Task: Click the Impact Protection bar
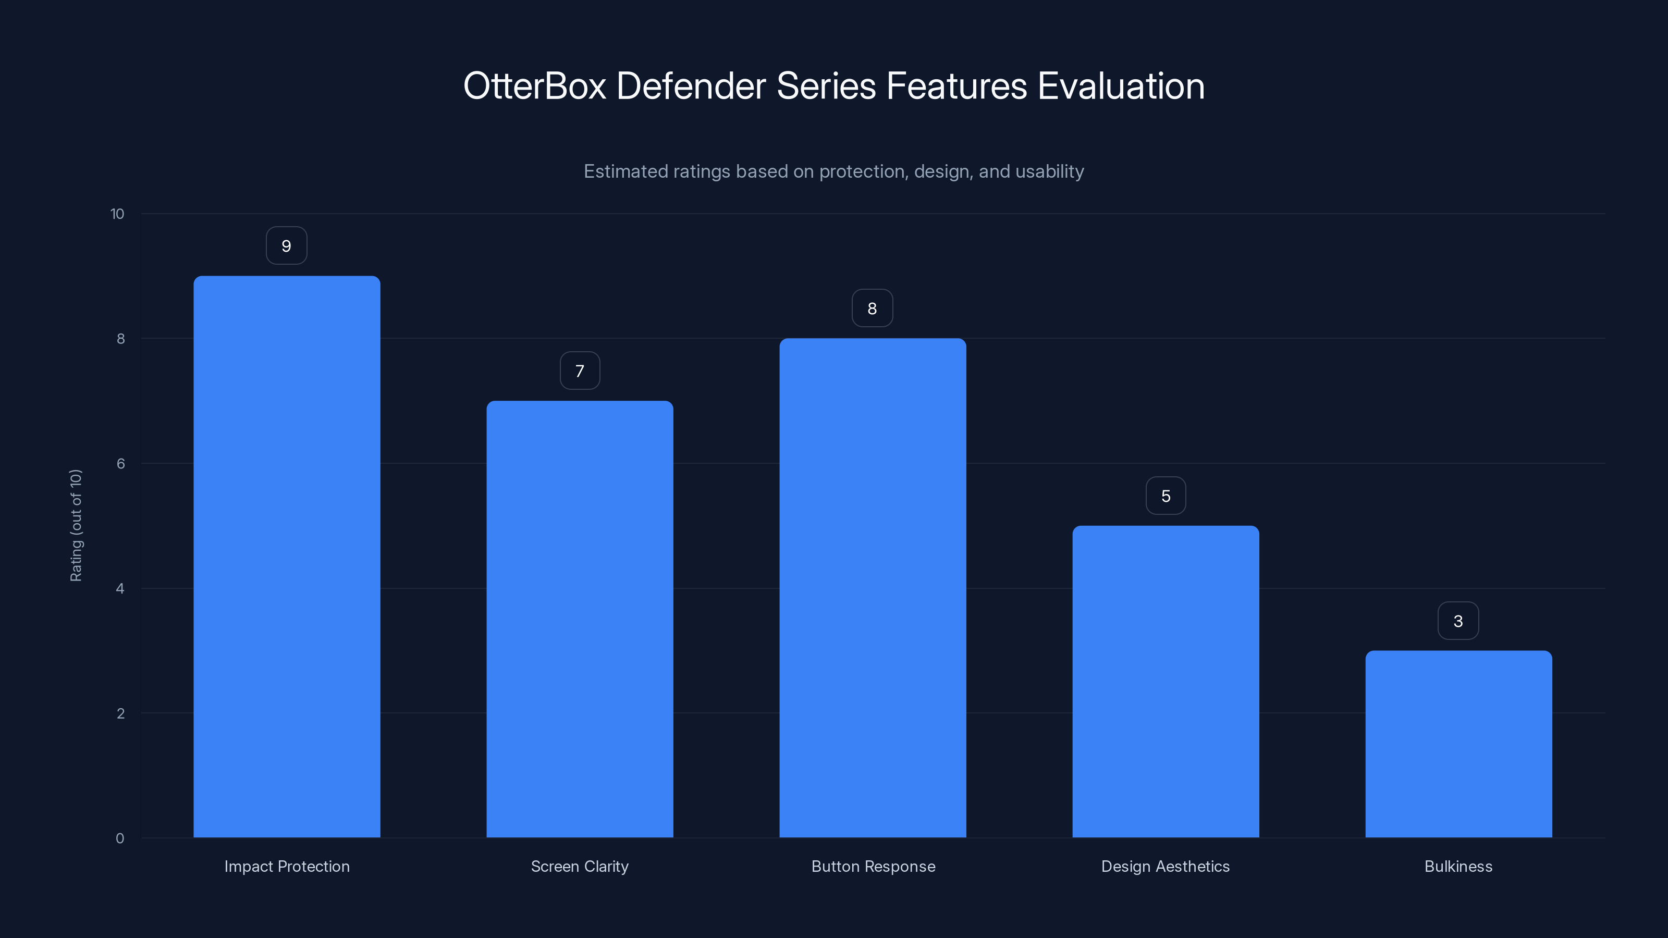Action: pyautogui.click(x=287, y=557)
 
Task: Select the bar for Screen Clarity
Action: pyautogui.click(x=580, y=619)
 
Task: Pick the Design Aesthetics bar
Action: pyautogui.click(x=1166, y=681)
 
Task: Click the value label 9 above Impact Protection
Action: pyautogui.click(x=286, y=246)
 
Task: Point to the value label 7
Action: pyautogui.click(x=580, y=371)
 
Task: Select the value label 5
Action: pyautogui.click(x=1166, y=496)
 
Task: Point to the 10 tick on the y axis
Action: pyautogui.click(x=117, y=214)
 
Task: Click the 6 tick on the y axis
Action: pyautogui.click(x=120, y=463)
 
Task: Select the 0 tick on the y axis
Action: pyautogui.click(x=120, y=838)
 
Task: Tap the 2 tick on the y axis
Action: pyautogui.click(x=120, y=713)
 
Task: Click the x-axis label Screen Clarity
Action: pyautogui.click(x=580, y=866)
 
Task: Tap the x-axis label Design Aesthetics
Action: pyautogui.click(x=1165, y=866)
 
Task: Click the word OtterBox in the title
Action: pyautogui.click(x=535, y=86)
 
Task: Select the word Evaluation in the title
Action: pyautogui.click(x=1121, y=86)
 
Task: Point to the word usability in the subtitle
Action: pyautogui.click(x=1049, y=171)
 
